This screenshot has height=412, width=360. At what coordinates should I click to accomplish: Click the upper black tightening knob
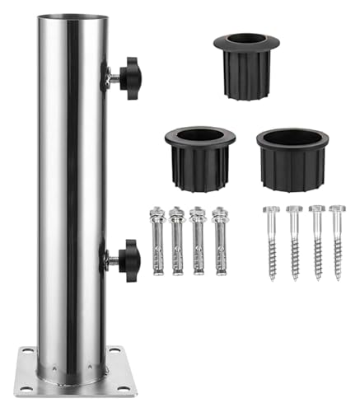coord(128,78)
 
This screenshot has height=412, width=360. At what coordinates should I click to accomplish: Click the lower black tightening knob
coord(128,260)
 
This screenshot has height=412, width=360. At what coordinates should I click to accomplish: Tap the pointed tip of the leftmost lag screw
coord(273,279)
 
